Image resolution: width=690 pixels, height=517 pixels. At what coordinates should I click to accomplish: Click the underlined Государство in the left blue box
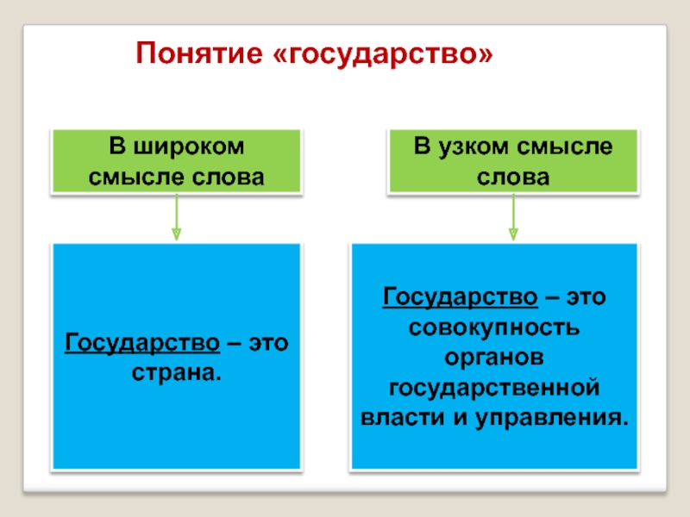coord(141,344)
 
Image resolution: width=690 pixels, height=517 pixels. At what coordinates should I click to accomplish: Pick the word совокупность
coord(495,328)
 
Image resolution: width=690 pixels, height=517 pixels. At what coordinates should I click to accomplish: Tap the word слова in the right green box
coord(512,177)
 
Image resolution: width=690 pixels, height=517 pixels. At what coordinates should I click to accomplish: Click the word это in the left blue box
coord(267,344)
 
